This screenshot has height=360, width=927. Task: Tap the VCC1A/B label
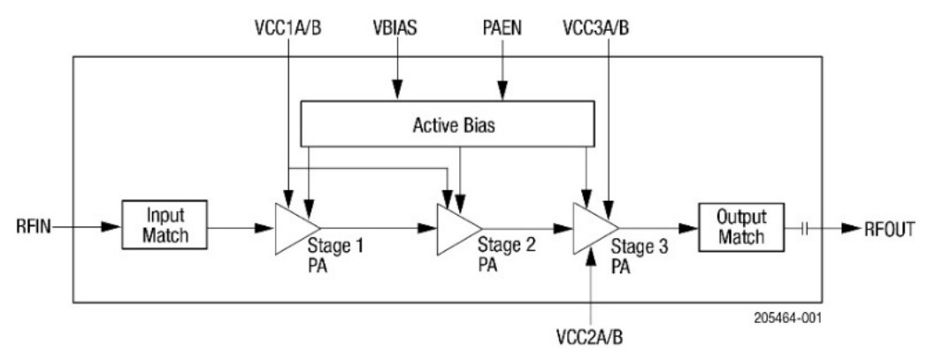tap(288, 26)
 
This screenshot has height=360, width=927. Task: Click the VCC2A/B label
tap(591, 338)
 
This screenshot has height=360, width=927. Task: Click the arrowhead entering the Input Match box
tap(110, 228)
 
